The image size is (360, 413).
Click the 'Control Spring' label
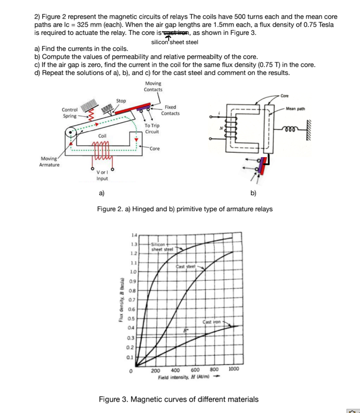pyautogui.click(x=70, y=112)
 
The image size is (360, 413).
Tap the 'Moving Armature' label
pyautogui.click(x=50, y=162)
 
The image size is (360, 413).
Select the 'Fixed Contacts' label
pyautogui.click(x=170, y=110)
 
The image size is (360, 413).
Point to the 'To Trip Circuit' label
pyautogui.click(x=152, y=128)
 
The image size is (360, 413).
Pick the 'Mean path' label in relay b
pyautogui.click(x=295, y=109)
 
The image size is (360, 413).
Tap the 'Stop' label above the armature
pyautogui.click(x=121, y=100)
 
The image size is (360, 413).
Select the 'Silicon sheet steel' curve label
pyautogui.click(x=159, y=246)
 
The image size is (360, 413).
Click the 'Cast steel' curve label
pyautogui.click(x=185, y=266)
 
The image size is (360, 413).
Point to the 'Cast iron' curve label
pyautogui.click(x=213, y=322)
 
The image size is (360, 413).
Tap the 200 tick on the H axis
pyautogui.click(x=155, y=371)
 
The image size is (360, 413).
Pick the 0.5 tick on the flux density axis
pyautogui.click(x=133, y=318)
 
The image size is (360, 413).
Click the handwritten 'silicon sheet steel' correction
pyautogui.click(x=175, y=42)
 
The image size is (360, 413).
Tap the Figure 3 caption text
pyautogui.click(x=178, y=399)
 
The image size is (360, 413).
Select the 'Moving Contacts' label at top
pyautogui.click(x=153, y=86)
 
